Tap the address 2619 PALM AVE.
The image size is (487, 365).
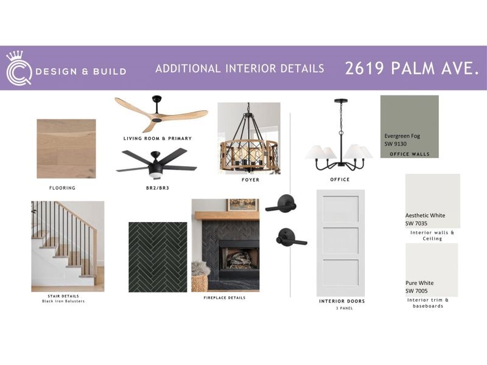coord(412,68)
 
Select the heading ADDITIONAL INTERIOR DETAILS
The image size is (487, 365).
coord(239,69)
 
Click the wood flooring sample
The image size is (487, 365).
coord(66,148)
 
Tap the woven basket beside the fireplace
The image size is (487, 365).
coord(199,280)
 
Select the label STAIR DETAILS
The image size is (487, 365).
coord(63,296)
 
